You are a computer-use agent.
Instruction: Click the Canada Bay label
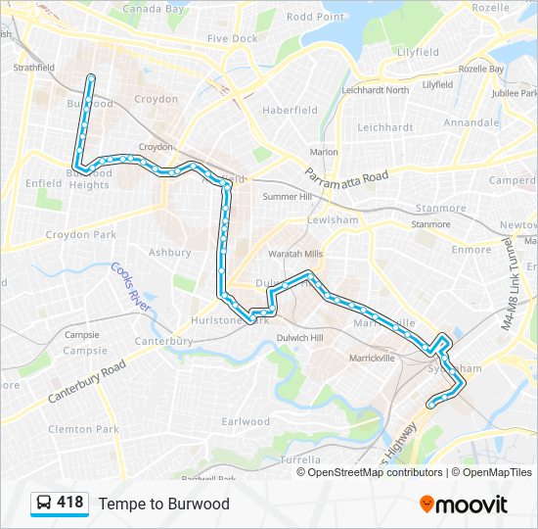pyautogui.click(x=154, y=9)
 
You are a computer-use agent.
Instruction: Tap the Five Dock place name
pyautogui.click(x=232, y=38)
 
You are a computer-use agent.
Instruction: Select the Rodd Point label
pyautogui.click(x=315, y=17)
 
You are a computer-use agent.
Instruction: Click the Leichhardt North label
pyautogui.click(x=376, y=90)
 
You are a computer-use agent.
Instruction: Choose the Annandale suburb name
pyautogui.click(x=471, y=122)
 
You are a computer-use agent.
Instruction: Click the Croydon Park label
pyautogui.click(x=81, y=235)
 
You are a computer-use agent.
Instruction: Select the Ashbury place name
pyautogui.click(x=169, y=252)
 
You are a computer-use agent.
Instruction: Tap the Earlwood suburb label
pyautogui.click(x=246, y=422)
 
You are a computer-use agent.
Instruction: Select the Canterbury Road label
pyautogui.click(x=86, y=381)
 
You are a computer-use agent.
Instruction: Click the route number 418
pyautogui.click(x=70, y=503)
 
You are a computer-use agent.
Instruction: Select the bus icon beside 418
pyautogui.click(x=44, y=504)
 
